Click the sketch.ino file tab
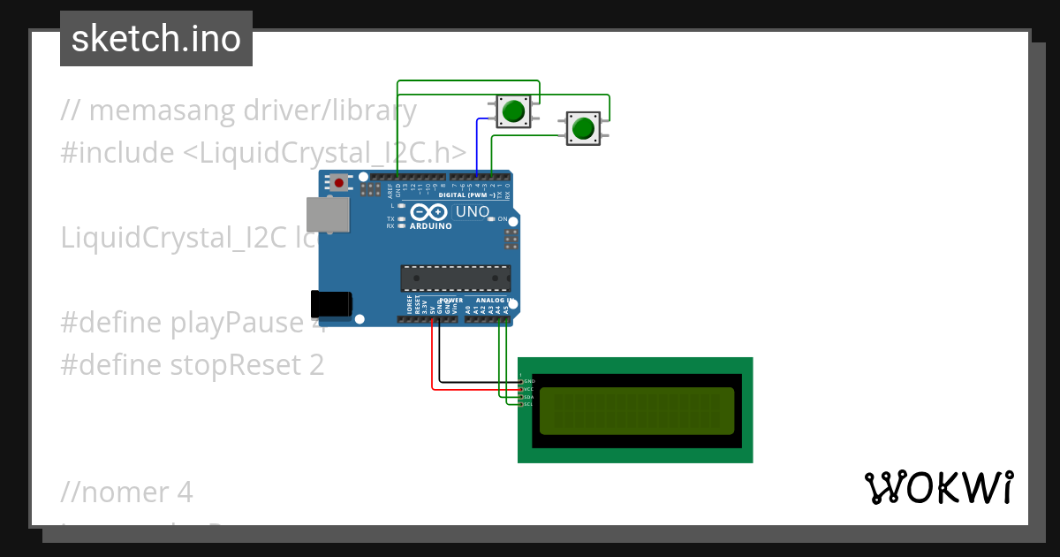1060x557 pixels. click(156, 39)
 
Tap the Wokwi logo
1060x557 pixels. click(938, 487)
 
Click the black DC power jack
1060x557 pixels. click(331, 303)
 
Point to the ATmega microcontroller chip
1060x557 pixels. click(455, 278)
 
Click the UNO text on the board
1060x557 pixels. click(472, 212)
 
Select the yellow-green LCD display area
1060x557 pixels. click(636, 411)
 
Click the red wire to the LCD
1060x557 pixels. click(432, 362)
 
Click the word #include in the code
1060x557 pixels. click(117, 153)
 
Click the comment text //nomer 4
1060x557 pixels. click(127, 491)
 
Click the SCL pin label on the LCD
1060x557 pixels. click(528, 404)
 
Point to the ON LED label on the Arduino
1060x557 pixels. click(502, 218)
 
